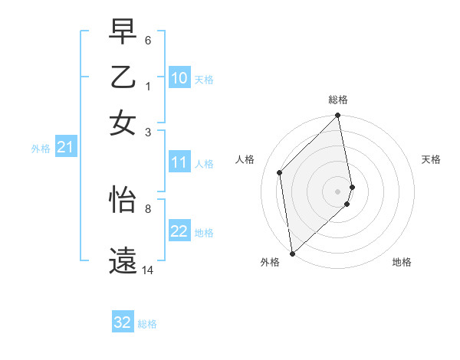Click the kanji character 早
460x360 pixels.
click(123, 34)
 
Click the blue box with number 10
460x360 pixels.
click(179, 78)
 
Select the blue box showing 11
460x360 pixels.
click(179, 162)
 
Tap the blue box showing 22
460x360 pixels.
click(179, 231)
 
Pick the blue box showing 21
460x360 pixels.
click(64, 147)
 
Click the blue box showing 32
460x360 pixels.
click(123, 322)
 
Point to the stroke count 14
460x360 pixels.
click(148, 270)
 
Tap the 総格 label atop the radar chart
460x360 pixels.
click(338, 100)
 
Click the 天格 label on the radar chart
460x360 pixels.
click(431, 159)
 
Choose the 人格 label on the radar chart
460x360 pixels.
click(245, 159)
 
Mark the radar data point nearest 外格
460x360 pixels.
click(292, 254)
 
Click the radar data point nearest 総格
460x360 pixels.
click(338, 116)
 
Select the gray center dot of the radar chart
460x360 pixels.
click(338, 191)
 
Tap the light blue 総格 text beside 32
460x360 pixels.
click(147, 324)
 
